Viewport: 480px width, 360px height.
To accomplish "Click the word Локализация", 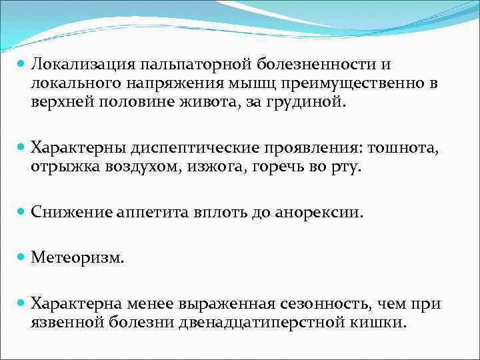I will click(81, 65).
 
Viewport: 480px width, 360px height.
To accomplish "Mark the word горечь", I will click(281, 167).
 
